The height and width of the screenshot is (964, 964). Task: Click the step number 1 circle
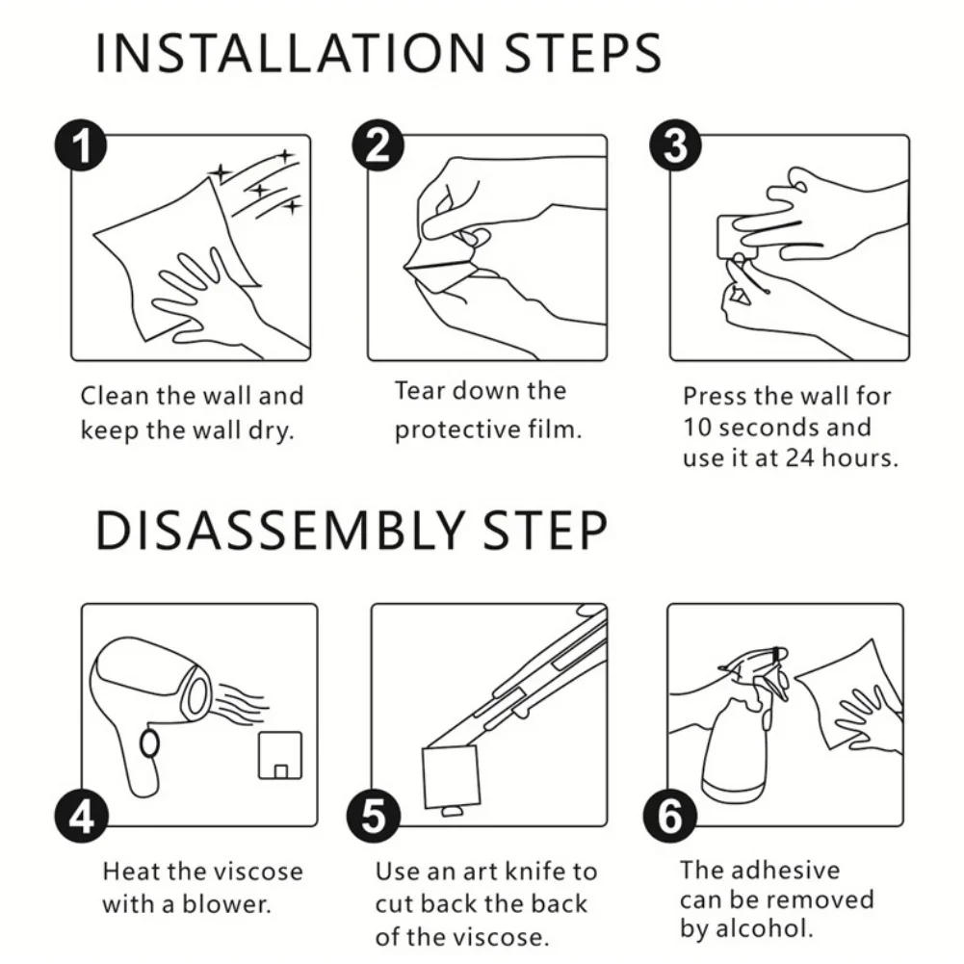click(81, 145)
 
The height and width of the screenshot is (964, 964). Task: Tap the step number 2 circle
click(378, 145)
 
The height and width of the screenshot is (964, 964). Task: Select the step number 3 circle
click(676, 145)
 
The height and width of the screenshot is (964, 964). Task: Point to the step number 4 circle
click(82, 817)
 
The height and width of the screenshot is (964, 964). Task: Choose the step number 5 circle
click(374, 817)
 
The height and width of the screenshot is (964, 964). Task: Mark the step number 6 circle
click(670, 817)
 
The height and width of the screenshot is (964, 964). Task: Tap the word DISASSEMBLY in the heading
click(280, 530)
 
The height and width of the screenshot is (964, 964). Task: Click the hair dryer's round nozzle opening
click(198, 693)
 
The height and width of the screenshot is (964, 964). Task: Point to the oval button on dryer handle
click(149, 743)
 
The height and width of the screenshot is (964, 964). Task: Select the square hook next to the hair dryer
click(279, 755)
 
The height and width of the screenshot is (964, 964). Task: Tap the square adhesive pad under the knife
click(452, 777)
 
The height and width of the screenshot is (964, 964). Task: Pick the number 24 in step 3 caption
click(799, 458)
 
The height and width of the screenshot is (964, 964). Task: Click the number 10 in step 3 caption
click(697, 428)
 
